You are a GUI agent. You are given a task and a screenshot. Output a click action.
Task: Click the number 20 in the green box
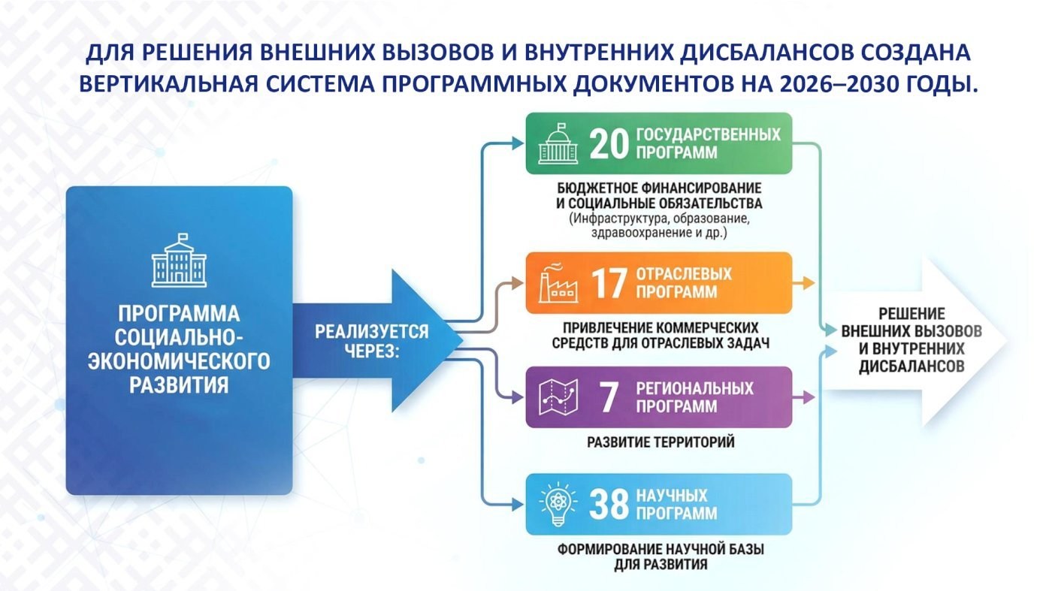(x=609, y=144)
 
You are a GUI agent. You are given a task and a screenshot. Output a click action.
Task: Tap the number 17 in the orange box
(x=609, y=283)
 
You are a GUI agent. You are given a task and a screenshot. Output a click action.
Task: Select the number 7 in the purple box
(x=609, y=397)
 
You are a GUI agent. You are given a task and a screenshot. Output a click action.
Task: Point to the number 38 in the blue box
(x=609, y=505)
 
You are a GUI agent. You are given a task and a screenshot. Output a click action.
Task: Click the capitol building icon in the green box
(x=558, y=143)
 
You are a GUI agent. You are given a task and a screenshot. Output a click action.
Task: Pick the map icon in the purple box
(x=558, y=397)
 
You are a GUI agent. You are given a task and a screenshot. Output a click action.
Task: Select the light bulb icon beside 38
(x=558, y=504)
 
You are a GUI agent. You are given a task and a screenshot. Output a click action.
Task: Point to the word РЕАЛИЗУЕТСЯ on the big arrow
(x=371, y=332)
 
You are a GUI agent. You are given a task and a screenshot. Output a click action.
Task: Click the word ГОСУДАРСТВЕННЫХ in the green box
(x=708, y=134)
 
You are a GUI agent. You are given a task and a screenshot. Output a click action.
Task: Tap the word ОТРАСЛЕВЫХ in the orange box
(x=684, y=273)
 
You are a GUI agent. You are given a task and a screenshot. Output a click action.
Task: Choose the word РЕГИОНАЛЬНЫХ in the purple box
(x=694, y=388)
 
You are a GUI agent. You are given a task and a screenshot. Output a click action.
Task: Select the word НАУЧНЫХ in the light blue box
(x=672, y=495)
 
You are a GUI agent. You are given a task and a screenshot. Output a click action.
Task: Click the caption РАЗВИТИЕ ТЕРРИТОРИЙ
(x=661, y=442)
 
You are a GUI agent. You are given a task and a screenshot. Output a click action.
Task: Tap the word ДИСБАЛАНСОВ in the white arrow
(x=911, y=366)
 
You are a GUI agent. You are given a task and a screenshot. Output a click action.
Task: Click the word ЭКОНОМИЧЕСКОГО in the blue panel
(x=179, y=361)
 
